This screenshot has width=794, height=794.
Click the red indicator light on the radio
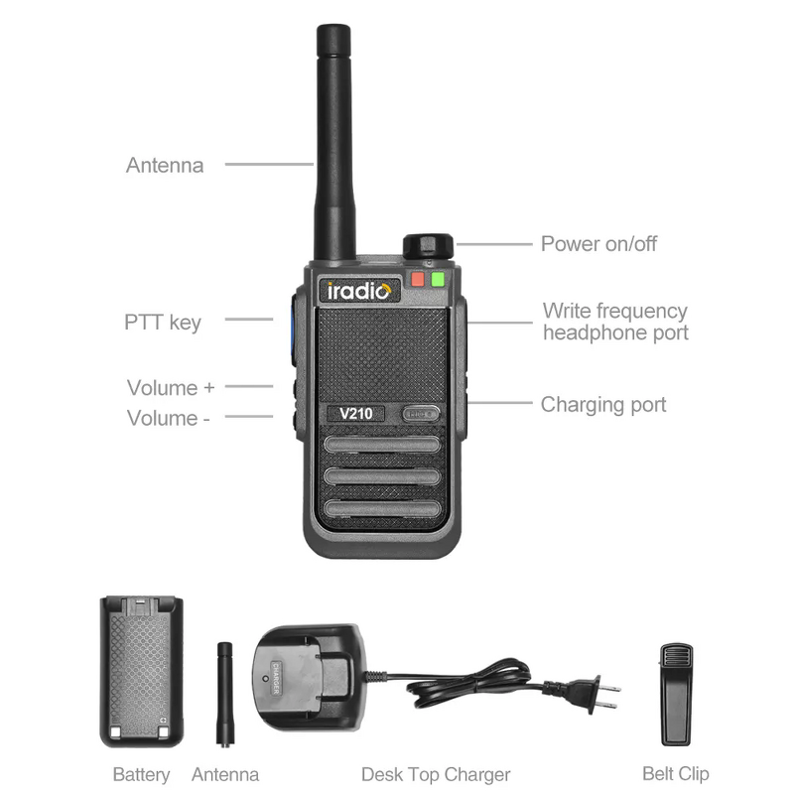(x=418, y=279)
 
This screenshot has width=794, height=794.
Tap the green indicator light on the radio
(x=438, y=279)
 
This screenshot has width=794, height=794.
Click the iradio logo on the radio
(x=360, y=291)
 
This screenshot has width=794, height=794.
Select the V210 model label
(x=355, y=414)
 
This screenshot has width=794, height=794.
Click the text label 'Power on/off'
(x=598, y=243)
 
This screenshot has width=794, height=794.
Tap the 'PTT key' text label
(x=163, y=322)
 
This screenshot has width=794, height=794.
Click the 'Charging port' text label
(x=603, y=404)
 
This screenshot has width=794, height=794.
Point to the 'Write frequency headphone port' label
(x=615, y=322)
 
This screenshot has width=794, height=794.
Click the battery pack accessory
(x=142, y=671)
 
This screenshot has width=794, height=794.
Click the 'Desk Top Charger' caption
(x=436, y=774)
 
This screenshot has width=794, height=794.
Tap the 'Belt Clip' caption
(x=676, y=774)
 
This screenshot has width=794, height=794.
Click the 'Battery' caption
(x=141, y=774)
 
